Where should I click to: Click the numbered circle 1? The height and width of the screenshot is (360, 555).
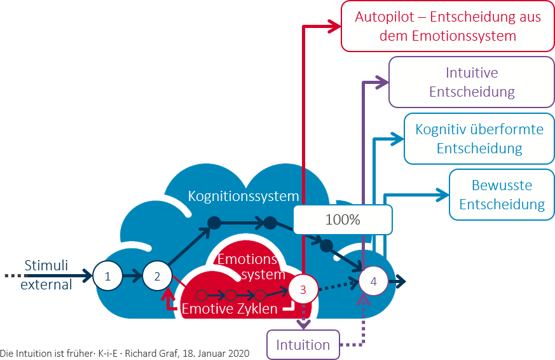point(107,276)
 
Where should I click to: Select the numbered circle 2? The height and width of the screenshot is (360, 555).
point(156,276)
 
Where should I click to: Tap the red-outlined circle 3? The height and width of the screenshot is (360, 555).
point(303,290)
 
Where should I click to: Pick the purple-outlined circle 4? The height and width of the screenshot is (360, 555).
point(373,280)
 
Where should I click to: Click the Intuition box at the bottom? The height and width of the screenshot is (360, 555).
point(303,345)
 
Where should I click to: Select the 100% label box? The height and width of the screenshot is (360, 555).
point(343,220)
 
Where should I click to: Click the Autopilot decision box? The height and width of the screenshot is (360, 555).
point(447,26)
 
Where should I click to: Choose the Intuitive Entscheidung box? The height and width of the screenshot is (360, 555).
point(472,82)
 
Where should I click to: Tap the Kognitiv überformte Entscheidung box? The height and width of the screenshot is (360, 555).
point(479,139)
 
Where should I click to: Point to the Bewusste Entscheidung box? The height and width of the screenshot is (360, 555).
point(502,195)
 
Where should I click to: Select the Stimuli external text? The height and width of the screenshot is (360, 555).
point(46,275)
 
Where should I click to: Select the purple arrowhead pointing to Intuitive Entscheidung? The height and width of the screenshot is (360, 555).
point(383,81)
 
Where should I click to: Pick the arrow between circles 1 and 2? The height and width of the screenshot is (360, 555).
point(132,276)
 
